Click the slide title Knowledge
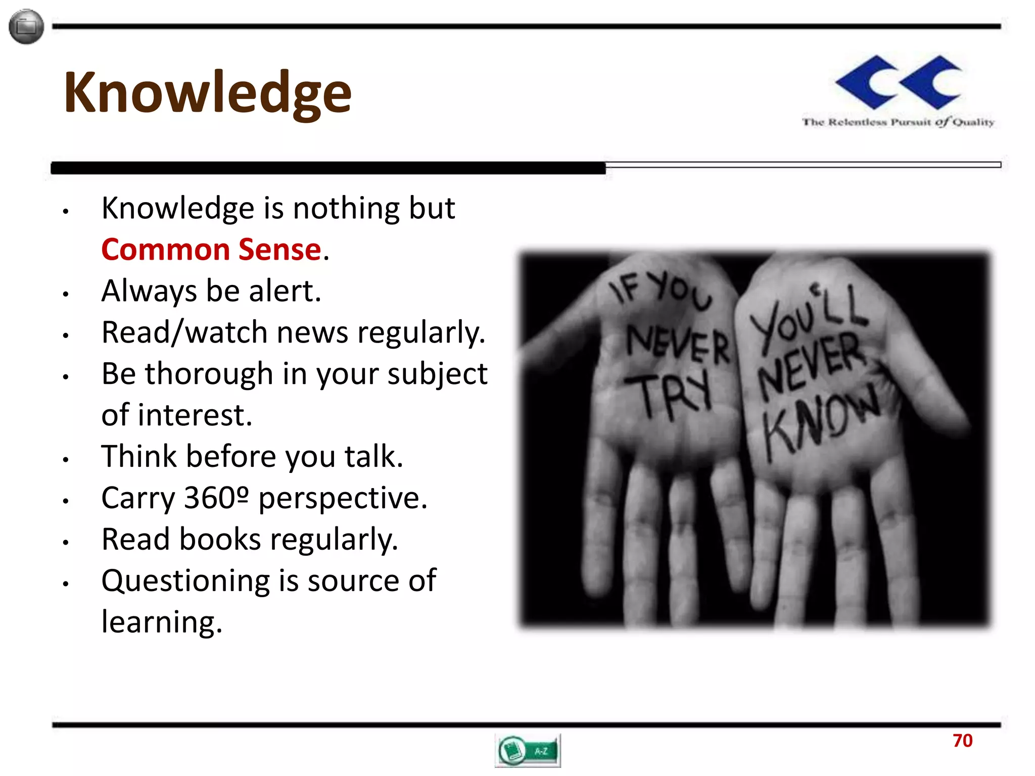point(207,93)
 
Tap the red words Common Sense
point(211,250)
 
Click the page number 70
point(962,741)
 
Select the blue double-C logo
point(899,82)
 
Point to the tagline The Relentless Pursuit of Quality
point(898,122)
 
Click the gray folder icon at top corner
point(26,27)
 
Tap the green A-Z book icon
point(528,751)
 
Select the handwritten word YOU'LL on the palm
point(809,316)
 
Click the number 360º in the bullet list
point(216,498)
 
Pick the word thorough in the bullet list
point(209,374)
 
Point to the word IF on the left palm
point(624,290)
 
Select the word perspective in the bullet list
point(343,498)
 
